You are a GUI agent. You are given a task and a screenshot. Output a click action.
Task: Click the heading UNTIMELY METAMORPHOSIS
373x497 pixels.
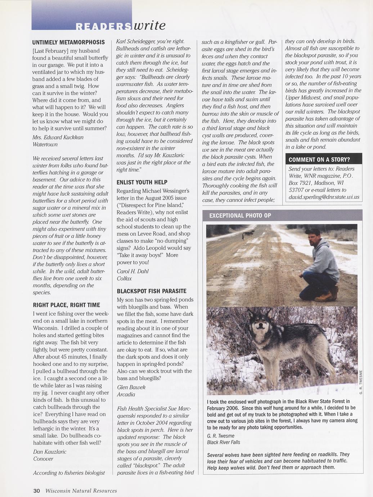pyautogui.click(x=68, y=42)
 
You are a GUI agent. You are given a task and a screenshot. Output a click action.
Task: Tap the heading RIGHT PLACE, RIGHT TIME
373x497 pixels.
pyautogui.click(x=66, y=305)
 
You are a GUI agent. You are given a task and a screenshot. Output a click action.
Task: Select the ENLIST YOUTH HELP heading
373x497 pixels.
pyautogui.click(x=142, y=182)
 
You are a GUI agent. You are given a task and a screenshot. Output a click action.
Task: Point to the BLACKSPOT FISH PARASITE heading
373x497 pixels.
pyautogui.click(x=152, y=291)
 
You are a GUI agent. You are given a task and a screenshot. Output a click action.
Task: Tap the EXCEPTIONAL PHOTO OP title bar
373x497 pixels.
pyautogui.click(x=240, y=216)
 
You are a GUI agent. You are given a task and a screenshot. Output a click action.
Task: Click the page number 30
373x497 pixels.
pyautogui.click(x=36, y=491)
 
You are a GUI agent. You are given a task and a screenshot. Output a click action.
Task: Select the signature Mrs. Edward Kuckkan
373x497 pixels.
pyautogui.click(x=58, y=137)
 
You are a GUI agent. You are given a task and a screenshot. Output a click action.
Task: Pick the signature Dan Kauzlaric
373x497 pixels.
pyautogui.click(x=50, y=452)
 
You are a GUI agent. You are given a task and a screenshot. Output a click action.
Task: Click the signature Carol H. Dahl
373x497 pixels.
pyautogui.click(x=132, y=271)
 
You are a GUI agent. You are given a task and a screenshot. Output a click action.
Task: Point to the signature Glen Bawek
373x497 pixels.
pyautogui.click(x=131, y=387)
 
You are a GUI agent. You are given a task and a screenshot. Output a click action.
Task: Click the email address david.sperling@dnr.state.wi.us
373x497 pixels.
pyautogui.click(x=324, y=197)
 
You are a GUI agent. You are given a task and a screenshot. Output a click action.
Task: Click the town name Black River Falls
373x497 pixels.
pyautogui.click(x=224, y=442)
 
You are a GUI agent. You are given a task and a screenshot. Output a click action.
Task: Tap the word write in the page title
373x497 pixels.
pyautogui.click(x=149, y=25)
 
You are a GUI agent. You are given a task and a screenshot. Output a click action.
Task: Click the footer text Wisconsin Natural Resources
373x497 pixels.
pyautogui.click(x=81, y=491)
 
